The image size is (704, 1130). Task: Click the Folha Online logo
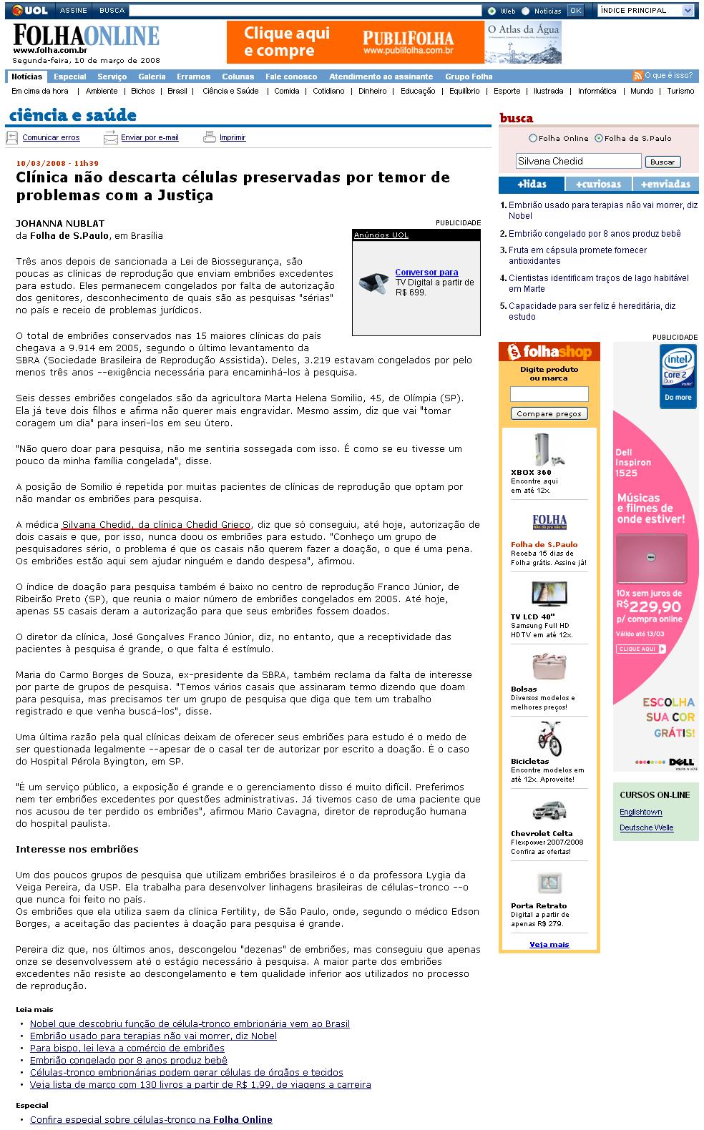tap(86, 37)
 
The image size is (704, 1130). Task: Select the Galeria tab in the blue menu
tap(152, 77)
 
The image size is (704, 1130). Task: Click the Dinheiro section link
tap(372, 91)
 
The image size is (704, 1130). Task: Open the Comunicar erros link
tap(51, 137)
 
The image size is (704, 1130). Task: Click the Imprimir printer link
tap(232, 137)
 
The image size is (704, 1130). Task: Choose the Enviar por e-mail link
tap(150, 137)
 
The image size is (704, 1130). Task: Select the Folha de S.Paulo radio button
tap(600, 138)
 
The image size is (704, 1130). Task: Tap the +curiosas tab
tap(598, 184)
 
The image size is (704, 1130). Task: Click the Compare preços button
tap(549, 413)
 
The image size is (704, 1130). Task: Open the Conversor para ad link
tap(426, 272)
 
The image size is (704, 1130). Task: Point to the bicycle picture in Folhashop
tap(549, 738)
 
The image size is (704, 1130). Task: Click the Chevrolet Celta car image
tap(549, 810)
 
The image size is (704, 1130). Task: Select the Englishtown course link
tap(640, 812)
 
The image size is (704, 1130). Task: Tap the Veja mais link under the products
tap(549, 944)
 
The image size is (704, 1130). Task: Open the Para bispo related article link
tap(127, 1048)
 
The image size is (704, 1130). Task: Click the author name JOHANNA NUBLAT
tap(60, 223)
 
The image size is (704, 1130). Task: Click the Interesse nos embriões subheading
tap(77, 849)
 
